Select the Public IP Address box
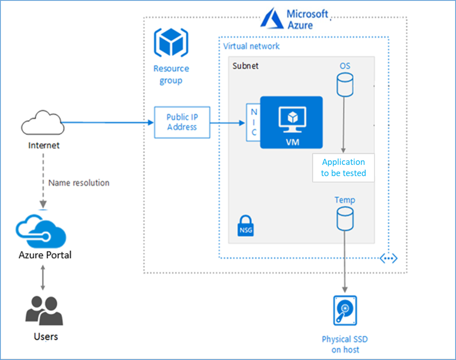pos(182,122)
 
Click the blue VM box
pos(291,122)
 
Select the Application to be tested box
pos(343,167)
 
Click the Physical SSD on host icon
pos(344,311)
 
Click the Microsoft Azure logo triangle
pos(271,19)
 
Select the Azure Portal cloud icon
pos(43,230)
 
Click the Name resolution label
pos(79,183)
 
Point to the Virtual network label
pos(252,46)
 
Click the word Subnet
pos(245,66)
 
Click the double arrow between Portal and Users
pos(43,277)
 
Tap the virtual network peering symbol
pos(389,258)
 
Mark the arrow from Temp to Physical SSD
pos(344,261)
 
